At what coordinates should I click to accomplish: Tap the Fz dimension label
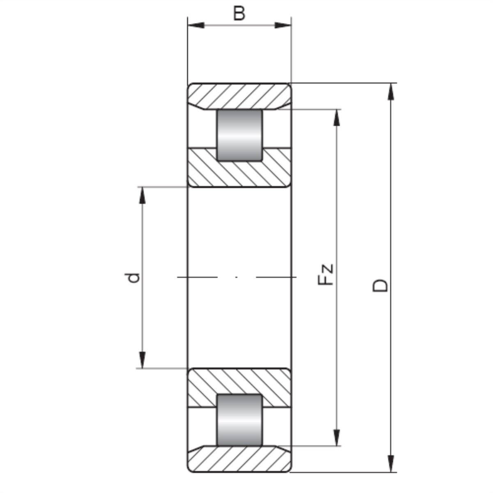pyautogui.click(x=325, y=274)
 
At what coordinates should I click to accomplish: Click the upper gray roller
pyautogui.click(x=240, y=135)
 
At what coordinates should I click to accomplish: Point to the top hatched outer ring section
pyautogui.click(x=240, y=96)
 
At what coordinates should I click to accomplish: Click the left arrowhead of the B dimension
pyautogui.click(x=196, y=25)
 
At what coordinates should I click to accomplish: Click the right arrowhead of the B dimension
pyautogui.click(x=283, y=25)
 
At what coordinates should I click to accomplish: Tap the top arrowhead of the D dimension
pyautogui.click(x=391, y=91)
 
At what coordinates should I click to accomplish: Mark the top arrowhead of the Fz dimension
pyautogui.click(x=337, y=117)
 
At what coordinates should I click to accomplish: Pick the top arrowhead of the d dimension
pyautogui.click(x=142, y=196)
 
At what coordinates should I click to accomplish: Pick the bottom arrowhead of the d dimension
pyautogui.click(x=142, y=360)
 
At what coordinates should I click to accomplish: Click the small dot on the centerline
pyautogui.click(x=236, y=277)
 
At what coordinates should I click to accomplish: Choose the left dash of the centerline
pyautogui.click(x=197, y=277)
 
